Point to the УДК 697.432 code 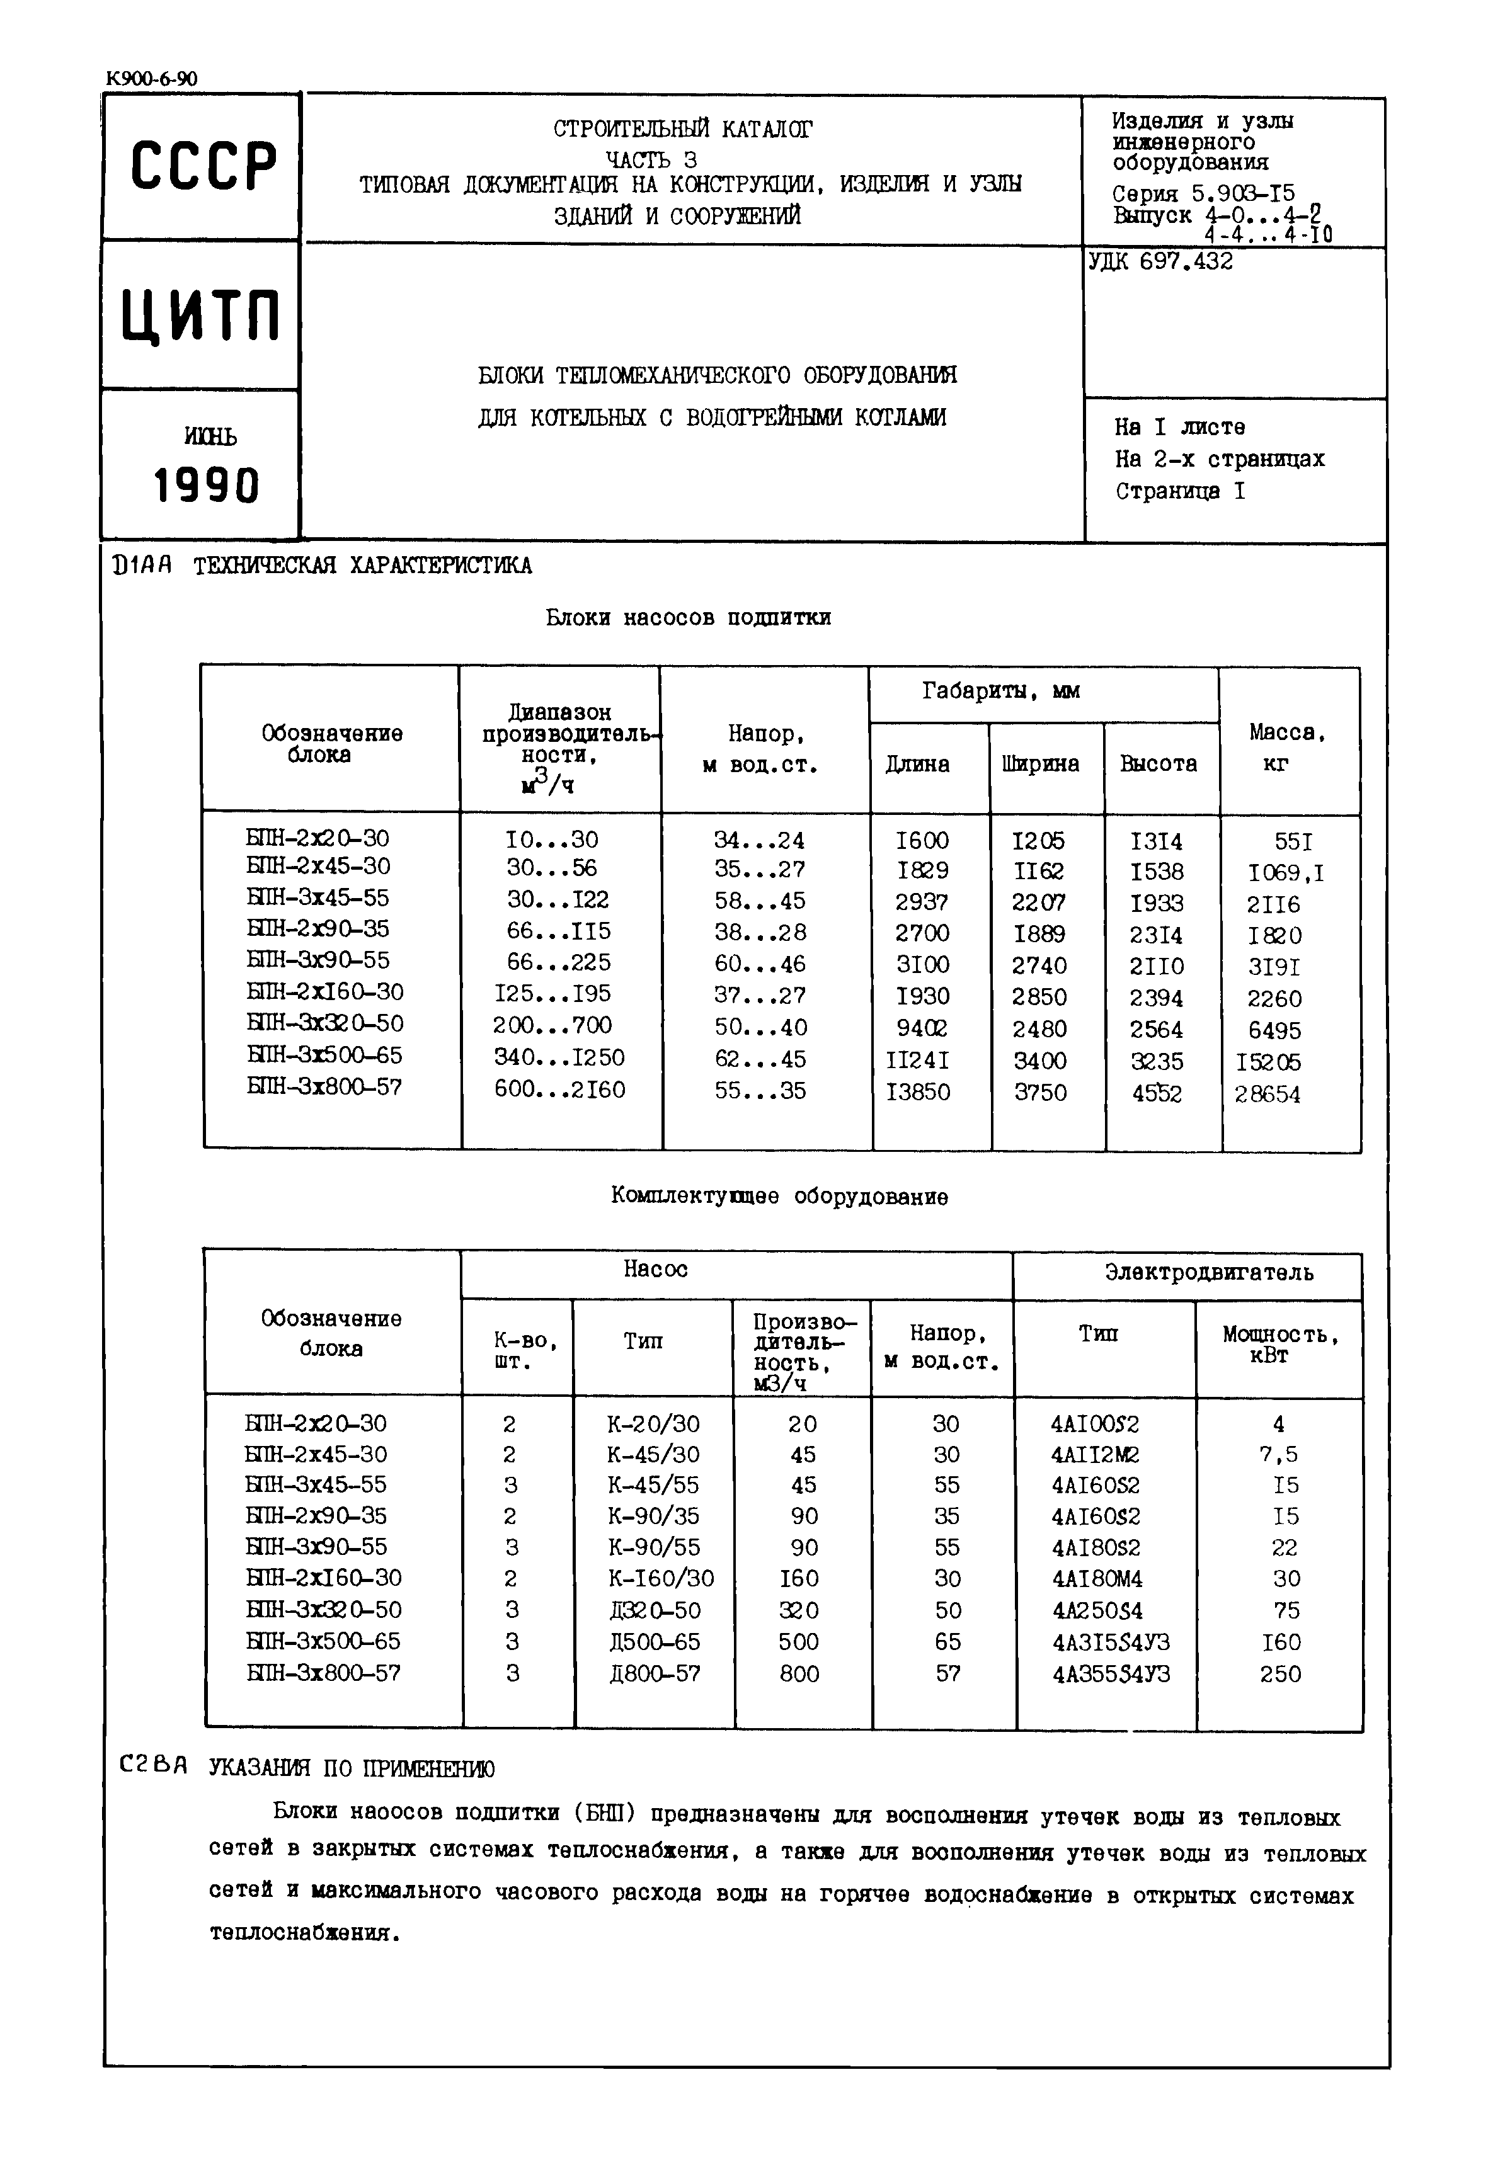[x=1161, y=262]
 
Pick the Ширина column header [x=1041, y=765]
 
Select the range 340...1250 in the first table [x=559, y=1058]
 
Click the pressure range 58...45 [x=760, y=901]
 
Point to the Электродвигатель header [x=1209, y=1272]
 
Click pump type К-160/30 [x=661, y=1578]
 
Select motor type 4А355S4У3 [x=1111, y=1674]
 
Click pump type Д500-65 [x=655, y=1641]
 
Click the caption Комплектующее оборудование [x=779, y=1197]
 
